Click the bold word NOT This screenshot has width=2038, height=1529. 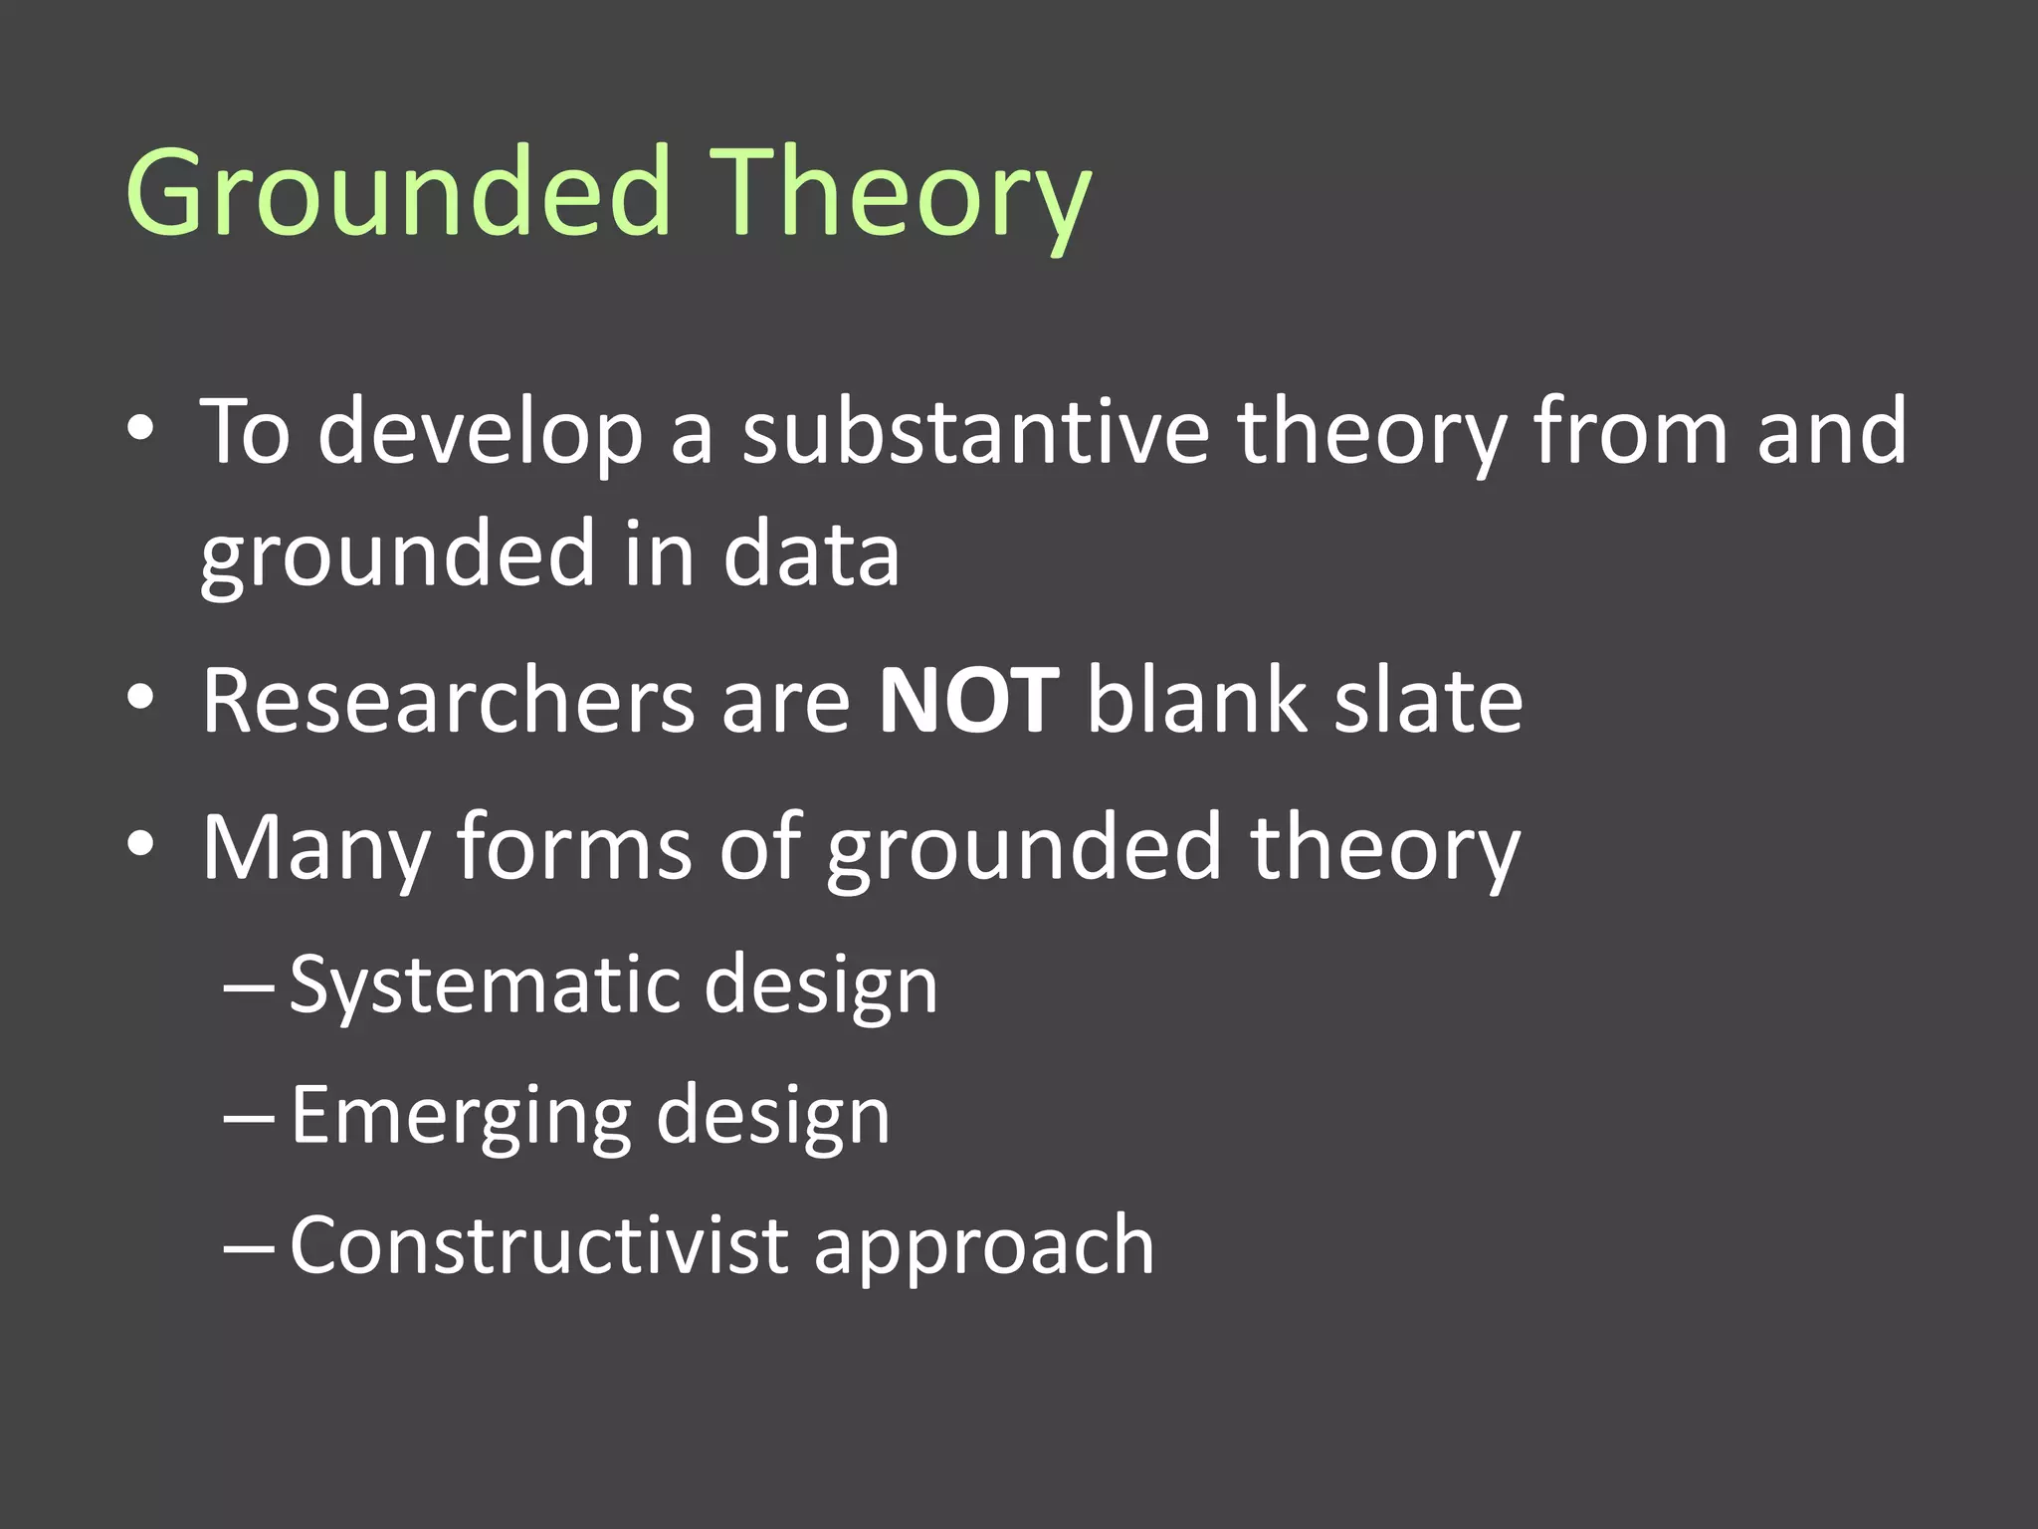(x=968, y=701)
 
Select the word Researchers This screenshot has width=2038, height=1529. (x=448, y=701)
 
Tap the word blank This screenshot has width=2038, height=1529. (x=1195, y=701)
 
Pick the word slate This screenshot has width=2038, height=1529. (x=1428, y=701)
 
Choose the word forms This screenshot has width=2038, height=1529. (x=574, y=848)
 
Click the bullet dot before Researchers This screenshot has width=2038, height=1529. (x=140, y=699)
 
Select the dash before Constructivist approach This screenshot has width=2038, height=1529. (x=249, y=1246)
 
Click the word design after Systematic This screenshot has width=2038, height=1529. (x=821, y=985)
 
